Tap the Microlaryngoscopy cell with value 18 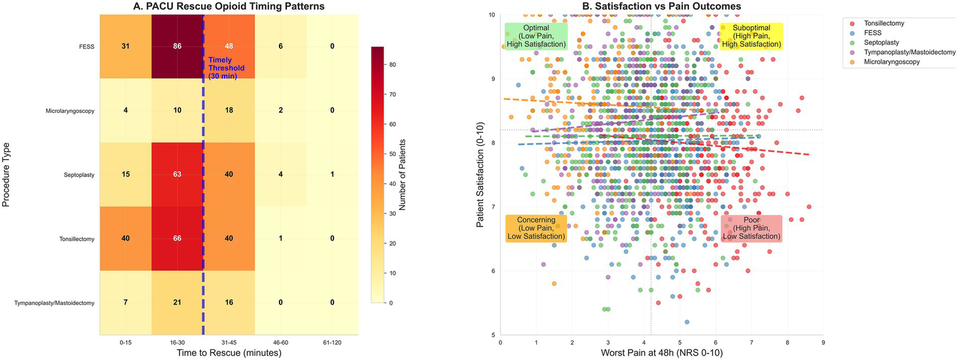[x=228, y=110]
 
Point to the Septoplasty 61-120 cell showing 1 [x=332, y=175]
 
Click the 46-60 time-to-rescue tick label [x=280, y=343]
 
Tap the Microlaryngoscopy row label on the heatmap [x=71, y=110]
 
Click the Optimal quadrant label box [x=536, y=36]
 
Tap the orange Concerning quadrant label [x=536, y=228]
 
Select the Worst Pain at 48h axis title [x=662, y=354]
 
